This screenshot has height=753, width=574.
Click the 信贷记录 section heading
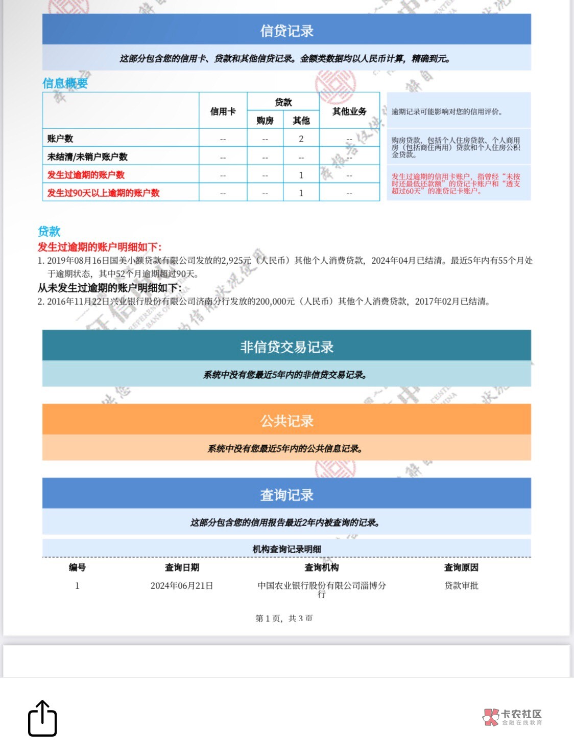286,31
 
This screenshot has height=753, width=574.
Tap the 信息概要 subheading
65,83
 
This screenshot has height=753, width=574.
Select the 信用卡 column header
223,111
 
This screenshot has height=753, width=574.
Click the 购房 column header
265,121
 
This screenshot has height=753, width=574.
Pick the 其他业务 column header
349,111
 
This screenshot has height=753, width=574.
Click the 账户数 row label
60,139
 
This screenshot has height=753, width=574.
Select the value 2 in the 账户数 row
301,139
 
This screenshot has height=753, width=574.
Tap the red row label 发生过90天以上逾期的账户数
104,193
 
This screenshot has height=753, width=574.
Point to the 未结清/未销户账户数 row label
87,157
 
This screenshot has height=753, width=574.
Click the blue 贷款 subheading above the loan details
49,232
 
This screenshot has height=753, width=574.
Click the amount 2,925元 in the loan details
235,261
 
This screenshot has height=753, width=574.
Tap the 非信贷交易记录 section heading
286,347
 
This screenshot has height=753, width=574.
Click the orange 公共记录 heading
286,421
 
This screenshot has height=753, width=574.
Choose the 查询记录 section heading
286,495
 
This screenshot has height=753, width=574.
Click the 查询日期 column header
182,567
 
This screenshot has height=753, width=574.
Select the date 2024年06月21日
182,586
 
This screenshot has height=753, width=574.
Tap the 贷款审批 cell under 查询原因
461,586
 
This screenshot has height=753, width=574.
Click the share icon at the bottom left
42,719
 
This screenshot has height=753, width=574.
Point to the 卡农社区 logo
512,717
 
